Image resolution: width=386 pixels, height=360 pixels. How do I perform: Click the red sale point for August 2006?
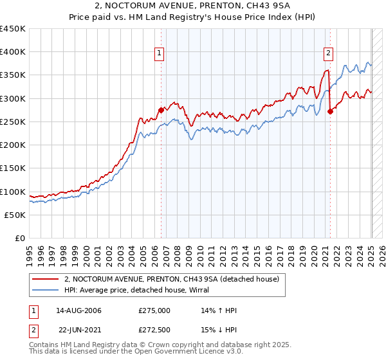161,110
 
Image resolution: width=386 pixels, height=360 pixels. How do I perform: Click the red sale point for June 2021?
330,111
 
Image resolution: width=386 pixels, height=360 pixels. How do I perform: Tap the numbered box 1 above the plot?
159,54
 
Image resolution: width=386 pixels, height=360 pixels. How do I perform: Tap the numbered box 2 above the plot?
328,54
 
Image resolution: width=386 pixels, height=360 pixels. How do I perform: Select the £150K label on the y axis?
13,168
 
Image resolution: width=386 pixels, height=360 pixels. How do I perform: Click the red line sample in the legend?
46,279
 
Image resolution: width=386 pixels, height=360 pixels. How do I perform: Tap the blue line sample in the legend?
46,290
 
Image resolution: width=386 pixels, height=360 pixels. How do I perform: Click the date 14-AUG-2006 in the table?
78,310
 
